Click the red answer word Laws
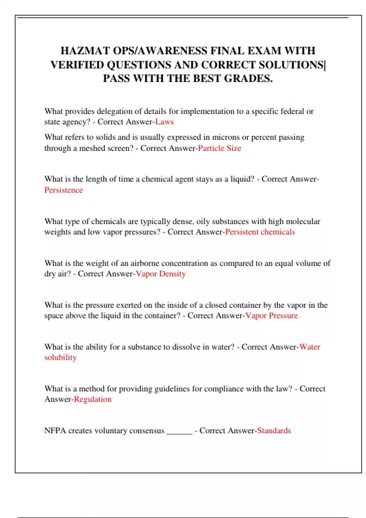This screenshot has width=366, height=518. (164, 122)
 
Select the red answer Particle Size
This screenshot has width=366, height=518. (220, 148)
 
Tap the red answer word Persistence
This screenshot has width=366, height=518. (63, 190)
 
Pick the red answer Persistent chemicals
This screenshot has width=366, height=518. (260, 232)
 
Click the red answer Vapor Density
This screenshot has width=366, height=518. (161, 274)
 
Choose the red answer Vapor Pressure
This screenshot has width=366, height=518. (271, 316)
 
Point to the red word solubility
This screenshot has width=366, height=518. (60, 357)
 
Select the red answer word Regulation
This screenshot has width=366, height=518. (93, 399)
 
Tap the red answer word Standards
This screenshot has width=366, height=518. (274, 431)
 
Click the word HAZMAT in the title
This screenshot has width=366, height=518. (85, 51)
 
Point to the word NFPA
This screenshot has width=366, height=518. (55, 431)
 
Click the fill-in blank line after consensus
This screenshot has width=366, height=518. (179, 433)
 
